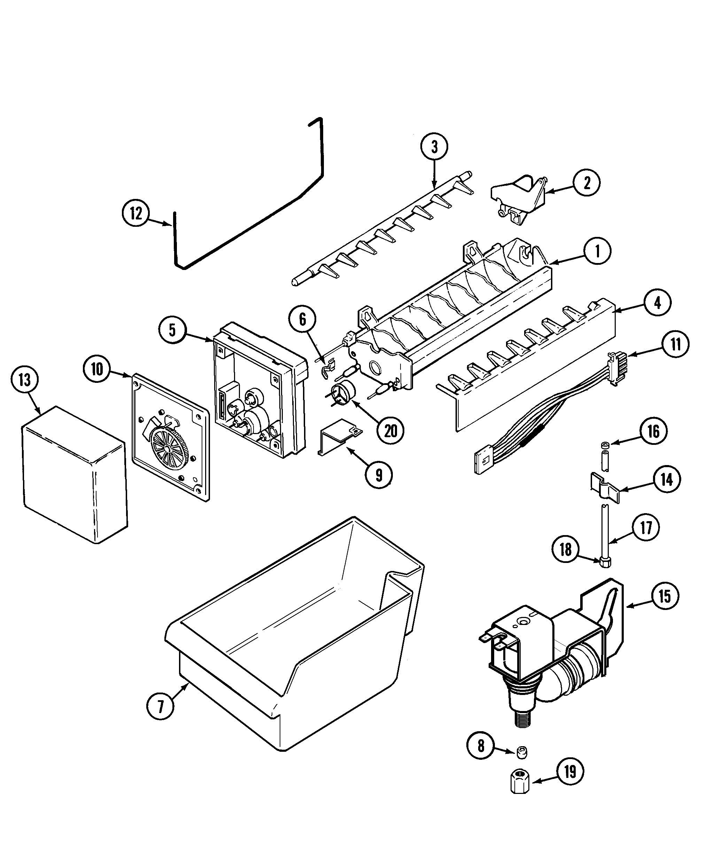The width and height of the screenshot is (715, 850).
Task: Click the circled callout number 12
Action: tap(136, 213)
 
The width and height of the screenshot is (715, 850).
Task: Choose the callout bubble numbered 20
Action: tap(390, 431)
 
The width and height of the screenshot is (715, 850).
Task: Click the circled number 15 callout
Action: tap(665, 596)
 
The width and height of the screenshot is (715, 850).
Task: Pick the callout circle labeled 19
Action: tap(570, 772)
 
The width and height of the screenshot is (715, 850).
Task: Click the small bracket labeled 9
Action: tap(339, 436)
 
